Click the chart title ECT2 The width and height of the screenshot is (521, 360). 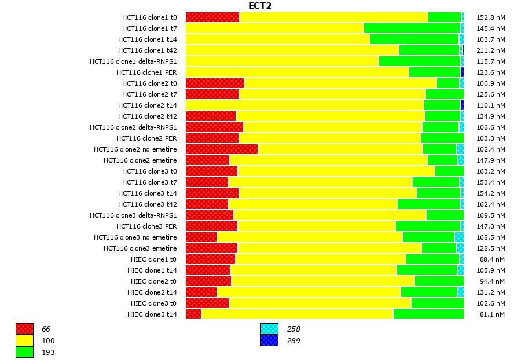[x=260, y=6]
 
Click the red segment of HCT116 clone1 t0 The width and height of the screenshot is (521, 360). [x=212, y=17]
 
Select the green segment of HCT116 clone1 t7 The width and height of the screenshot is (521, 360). [x=412, y=28]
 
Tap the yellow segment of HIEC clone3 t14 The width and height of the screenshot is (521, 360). [x=297, y=314]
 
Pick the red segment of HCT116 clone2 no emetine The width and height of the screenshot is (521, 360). [x=222, y=149]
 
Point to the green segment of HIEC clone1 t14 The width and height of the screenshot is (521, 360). [x=427, y=270]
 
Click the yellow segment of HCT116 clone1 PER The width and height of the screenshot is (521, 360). [x=297, y=72]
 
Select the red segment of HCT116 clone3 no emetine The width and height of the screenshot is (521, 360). [x=201, y=237]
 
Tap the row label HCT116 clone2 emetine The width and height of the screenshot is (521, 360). [x=140, y=160]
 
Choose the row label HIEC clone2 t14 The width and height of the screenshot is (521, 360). [x=152, y=292]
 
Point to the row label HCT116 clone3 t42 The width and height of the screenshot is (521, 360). [x=148, y=204]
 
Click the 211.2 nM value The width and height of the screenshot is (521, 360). [x=491, y=50]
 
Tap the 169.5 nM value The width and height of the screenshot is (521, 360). [x=491, y=215]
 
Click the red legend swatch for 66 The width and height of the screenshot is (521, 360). [x=24, y=329]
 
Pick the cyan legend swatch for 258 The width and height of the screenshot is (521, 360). [x=269, y=329]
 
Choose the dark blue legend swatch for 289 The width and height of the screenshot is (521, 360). [x=269, y=341]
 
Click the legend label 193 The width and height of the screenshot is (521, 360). [x=48, y=352]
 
